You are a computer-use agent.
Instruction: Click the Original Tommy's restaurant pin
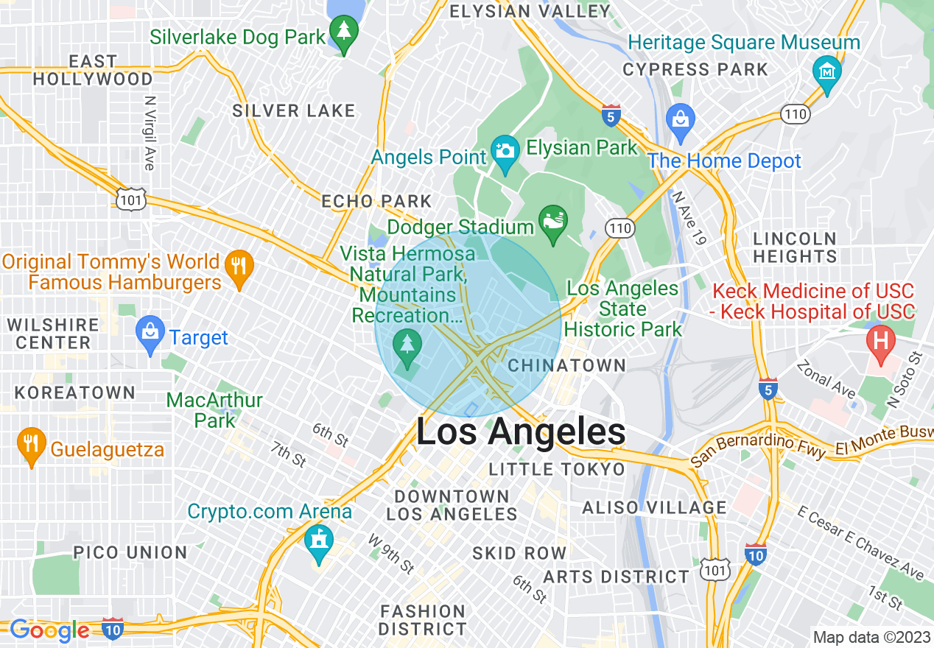point(238,264)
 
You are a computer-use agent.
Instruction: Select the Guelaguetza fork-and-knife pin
point(30,443)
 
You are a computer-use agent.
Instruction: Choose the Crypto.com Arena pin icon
point(319,540)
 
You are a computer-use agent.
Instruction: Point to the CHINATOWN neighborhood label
point(566,365)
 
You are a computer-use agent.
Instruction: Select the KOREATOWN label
point(75,392)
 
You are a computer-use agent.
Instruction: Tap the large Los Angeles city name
point(521,432)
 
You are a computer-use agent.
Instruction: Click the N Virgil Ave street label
point(150,133)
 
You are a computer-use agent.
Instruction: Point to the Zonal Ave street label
point(826,376)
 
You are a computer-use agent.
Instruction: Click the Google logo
point(49,630)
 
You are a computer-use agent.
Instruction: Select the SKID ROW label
point(519,553)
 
